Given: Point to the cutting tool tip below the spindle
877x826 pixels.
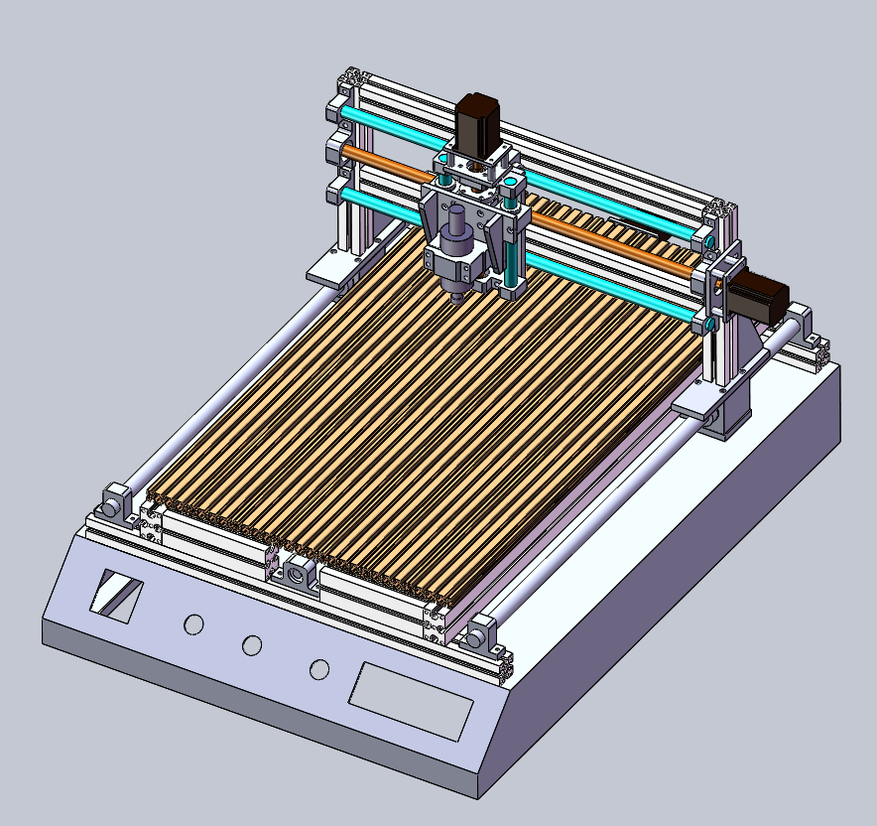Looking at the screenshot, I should pyautogui.click(x=454, y=297).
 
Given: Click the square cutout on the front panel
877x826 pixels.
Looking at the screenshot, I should pyautogui.click(x=116, y=596).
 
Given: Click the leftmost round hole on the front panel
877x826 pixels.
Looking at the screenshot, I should pyautogui.click(x=193, y=624).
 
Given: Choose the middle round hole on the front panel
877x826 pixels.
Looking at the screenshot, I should pyautogui.click(x=253, y=645).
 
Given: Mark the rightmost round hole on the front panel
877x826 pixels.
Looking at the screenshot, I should pyautogui.click(x=318, y=669).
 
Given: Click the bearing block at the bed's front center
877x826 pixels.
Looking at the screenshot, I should pyautogui.click(x=301, y=575).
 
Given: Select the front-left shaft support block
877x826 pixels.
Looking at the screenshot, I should pyautogui.click(x=116, y=501).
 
